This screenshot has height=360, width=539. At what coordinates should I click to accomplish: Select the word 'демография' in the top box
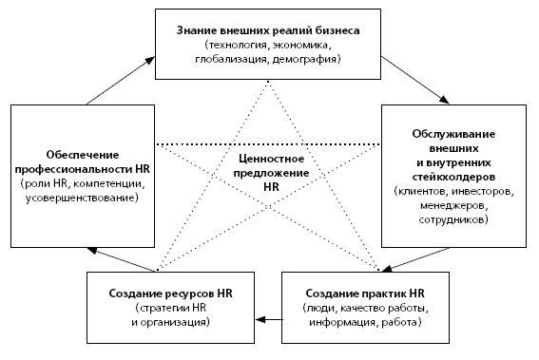click(315, 59)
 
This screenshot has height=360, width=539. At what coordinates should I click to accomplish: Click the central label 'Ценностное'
click(270, 160)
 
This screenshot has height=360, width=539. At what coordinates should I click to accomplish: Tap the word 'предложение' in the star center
click(270, 174)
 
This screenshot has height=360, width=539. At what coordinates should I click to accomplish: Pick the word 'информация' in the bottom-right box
click(339, 323)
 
